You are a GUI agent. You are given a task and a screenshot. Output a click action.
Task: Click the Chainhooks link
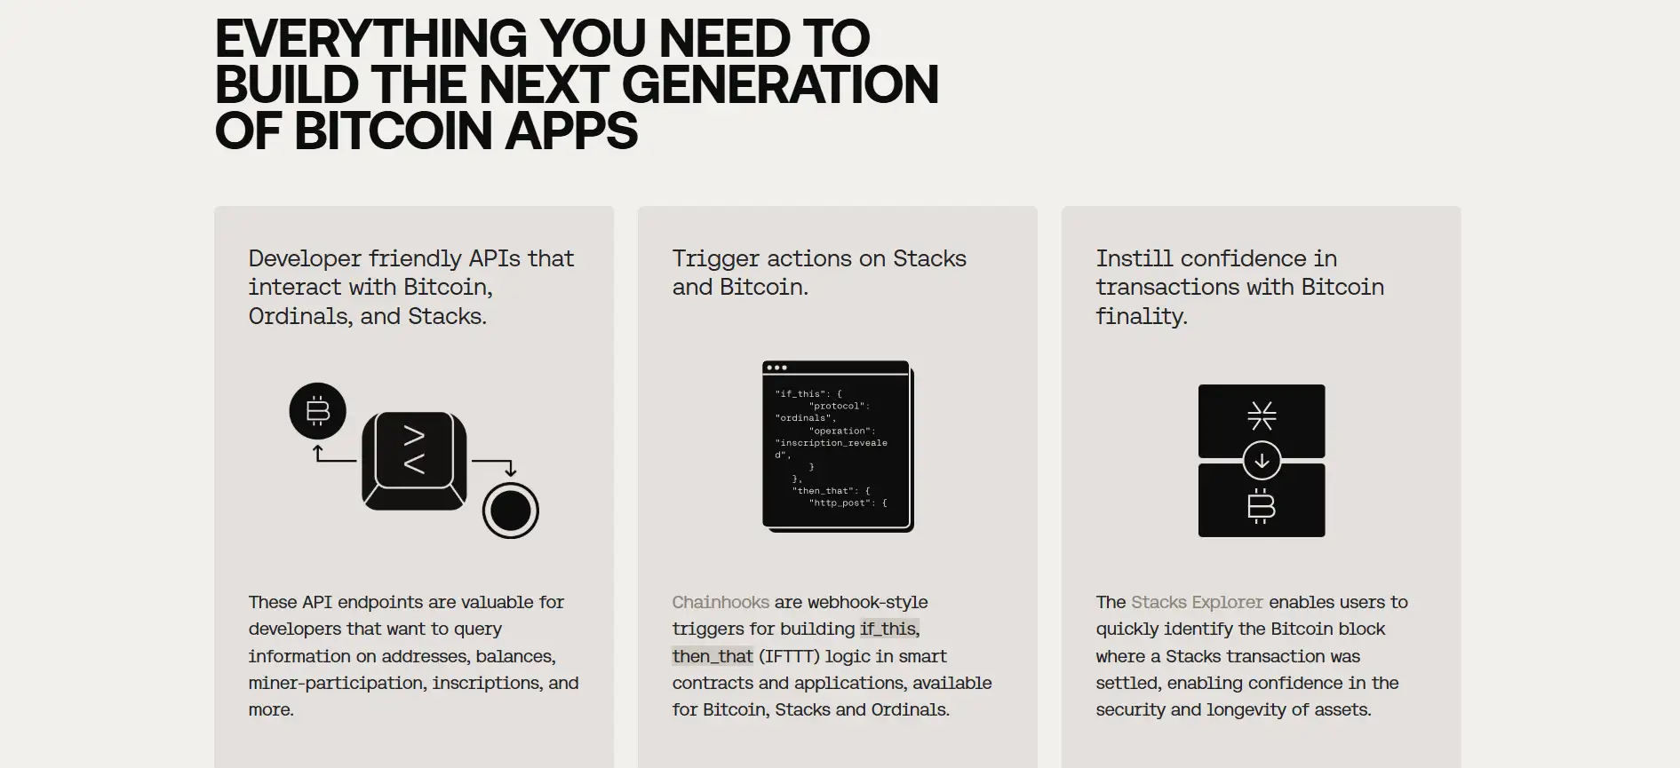tap(721, 602)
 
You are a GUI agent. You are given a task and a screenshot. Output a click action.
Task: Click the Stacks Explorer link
tap(1197, 602)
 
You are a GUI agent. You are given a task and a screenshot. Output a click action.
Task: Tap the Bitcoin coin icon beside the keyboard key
tap(318, 411)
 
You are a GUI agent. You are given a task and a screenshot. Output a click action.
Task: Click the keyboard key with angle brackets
tap(414, 461)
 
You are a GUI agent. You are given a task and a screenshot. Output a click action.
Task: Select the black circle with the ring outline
tap(511, 511)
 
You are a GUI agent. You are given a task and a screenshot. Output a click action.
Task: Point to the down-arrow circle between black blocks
tap(1262, 461)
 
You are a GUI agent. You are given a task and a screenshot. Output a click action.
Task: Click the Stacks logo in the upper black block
tap(1262, 416)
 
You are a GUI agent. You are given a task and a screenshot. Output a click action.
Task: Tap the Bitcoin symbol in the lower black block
tap(1262, 506)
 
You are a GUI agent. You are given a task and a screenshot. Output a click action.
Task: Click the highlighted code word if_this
tap(888, 629)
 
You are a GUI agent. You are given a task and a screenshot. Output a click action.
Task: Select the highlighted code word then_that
tap(713, 656)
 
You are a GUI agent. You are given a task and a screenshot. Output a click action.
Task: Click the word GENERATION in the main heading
tap(780, 84)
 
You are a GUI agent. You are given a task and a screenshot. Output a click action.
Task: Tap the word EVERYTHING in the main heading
tap(371, 38)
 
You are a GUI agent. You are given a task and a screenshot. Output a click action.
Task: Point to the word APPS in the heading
tap(571, 131)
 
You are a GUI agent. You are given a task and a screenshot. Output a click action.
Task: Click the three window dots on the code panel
tap(776, 368)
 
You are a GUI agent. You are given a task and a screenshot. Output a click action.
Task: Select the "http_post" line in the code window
tap(848, 503)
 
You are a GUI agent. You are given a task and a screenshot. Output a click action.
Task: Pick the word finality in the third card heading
tap(1142, 316)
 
